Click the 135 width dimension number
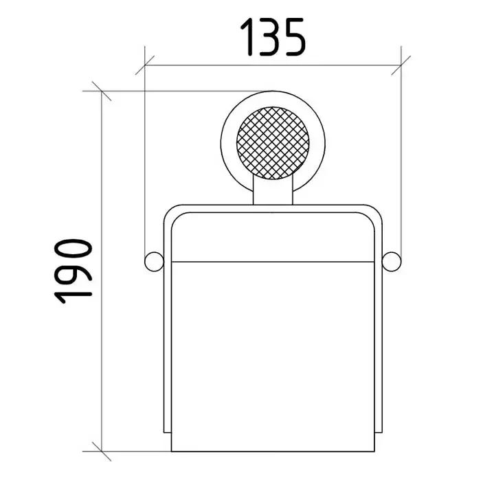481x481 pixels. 273,37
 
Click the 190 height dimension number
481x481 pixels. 74,271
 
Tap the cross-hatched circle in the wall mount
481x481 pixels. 273,143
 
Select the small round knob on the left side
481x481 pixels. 154,262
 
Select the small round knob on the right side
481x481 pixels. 392,262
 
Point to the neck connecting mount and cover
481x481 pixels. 273,190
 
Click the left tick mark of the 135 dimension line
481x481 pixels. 145,65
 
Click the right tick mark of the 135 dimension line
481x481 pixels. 401,65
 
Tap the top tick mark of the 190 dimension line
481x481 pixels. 102,91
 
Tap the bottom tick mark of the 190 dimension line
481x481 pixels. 102,451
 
